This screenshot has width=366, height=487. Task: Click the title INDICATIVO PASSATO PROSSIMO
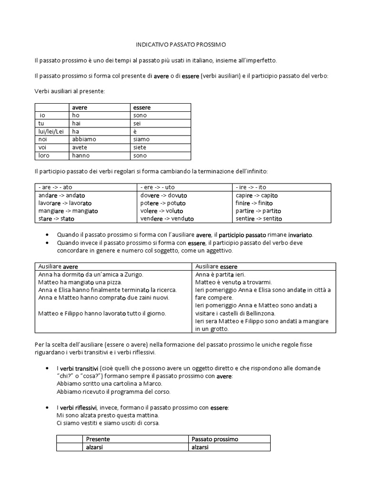(x=183, y=45)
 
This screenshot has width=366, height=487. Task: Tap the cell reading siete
(x=142, y=147)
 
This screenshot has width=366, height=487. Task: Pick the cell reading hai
(x=77, y=123)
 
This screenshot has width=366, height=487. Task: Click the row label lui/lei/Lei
(x=51, y=131)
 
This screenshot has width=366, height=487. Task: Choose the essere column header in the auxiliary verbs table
(x=142, y=107)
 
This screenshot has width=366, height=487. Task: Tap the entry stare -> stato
(x=56, y=219)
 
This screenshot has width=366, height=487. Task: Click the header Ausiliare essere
(x=216, y=266)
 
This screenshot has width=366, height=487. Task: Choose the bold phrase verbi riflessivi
(x=78, y=408)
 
